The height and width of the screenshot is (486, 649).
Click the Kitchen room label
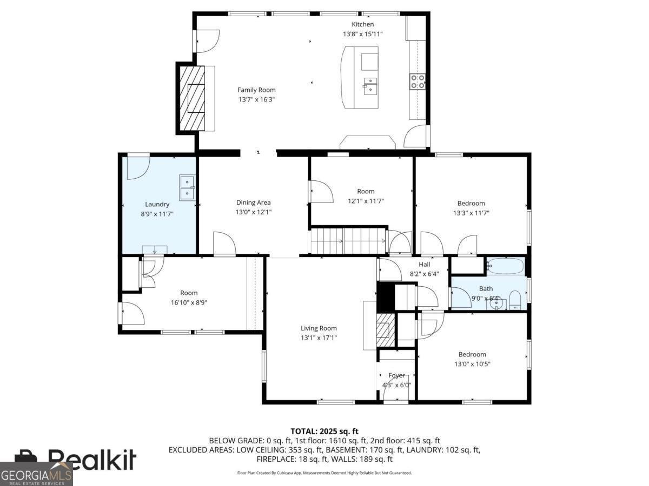click(x=362, y=24)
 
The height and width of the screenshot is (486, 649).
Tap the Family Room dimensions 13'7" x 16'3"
click(x=257, y=99)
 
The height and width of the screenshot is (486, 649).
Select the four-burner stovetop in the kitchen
click(x=418, y=82)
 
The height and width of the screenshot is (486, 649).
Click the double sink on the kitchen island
click(x=370, y=86)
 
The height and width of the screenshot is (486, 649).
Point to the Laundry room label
click(x=157, y=204)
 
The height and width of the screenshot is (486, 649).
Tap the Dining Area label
click(x=254, y=202)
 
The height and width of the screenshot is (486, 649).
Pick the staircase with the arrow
click(x=348, y=241)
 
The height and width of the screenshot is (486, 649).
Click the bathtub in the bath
click(x=505, y=266)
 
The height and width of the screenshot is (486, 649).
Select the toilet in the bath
click(x=515, y=300)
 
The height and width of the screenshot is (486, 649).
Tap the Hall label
click(x=425, y=265)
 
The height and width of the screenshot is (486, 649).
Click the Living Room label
click(x=319, y=328)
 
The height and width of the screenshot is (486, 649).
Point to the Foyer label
click(x=396, y=375)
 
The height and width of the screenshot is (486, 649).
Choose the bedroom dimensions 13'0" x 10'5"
click(x=472, y=364)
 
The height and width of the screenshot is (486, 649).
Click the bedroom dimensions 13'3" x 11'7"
click(x=471, y=213)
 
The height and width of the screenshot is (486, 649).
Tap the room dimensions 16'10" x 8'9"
click(x=189, y=302)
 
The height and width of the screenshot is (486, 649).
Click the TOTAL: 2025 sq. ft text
click(x=325, y=431)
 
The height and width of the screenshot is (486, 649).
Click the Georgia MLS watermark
click(x=36, y=475)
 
